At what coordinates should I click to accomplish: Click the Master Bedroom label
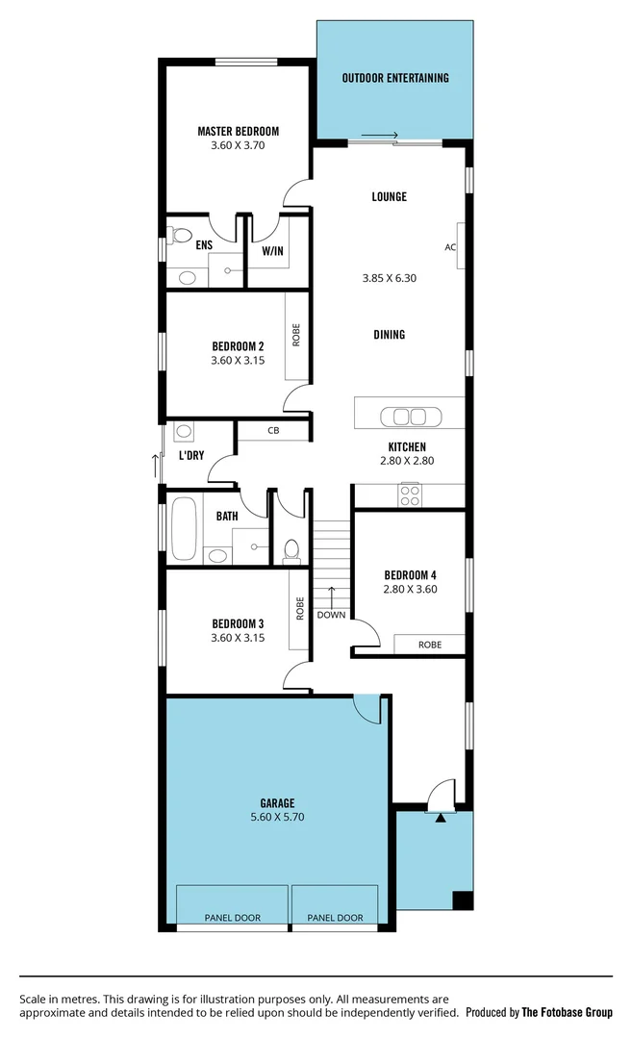(x=238, y=131)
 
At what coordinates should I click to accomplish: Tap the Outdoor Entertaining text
(x=395, y=78)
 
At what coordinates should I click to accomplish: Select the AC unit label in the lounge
(x=449, y=247)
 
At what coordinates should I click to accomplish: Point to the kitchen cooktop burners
(x=410, y=495)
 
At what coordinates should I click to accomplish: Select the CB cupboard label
(x=273, y=431)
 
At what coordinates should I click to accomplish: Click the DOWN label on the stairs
(x=331, y=615)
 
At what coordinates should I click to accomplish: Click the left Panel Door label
(x=232, y=918)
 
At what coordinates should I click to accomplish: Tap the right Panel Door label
(x=335, y=918)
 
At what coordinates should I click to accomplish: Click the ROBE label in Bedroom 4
(x=430, y=645)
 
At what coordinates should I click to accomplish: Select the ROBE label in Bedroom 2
(x=297, y=334)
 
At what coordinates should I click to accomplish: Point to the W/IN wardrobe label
(x=273, y=251)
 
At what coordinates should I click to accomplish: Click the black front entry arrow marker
(x=441, y=818)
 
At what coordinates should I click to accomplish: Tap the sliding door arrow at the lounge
(x=380, y=136)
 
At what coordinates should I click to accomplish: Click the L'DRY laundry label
(x=191, y=455)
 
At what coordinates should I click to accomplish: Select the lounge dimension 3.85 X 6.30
(x=389, y=278)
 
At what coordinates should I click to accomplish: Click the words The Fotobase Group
(x=567, y=1012)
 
